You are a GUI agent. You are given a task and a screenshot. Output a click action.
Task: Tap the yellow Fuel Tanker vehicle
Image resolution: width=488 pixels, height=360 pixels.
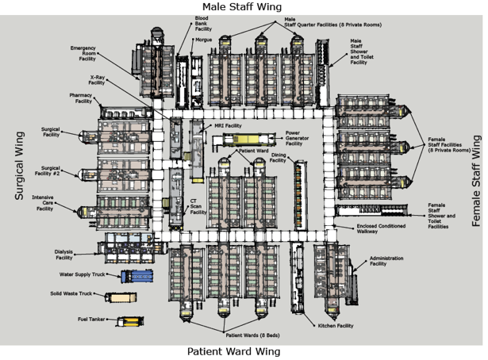click(128, 321)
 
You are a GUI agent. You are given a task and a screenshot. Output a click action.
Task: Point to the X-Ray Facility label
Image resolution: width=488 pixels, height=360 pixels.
click(97, 80)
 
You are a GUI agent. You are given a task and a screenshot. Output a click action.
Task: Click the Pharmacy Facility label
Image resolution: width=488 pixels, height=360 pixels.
click(81, 98)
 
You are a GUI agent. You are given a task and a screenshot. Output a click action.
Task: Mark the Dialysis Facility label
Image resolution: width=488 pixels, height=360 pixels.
click(64, 254)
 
